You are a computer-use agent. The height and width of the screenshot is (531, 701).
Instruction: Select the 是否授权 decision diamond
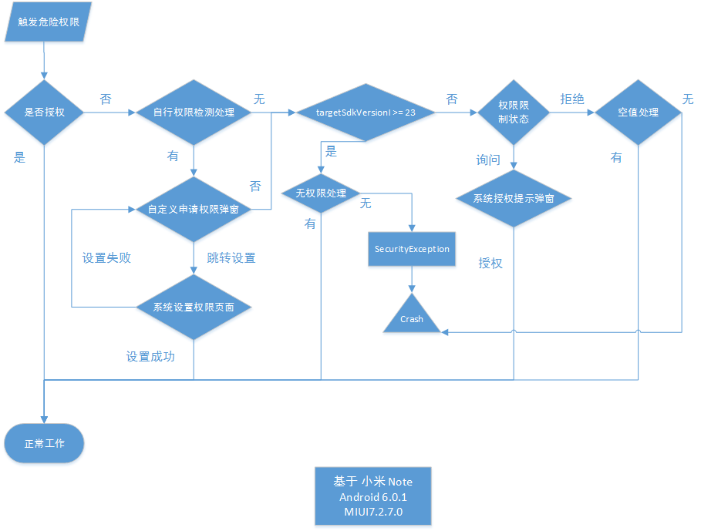pos(44,113)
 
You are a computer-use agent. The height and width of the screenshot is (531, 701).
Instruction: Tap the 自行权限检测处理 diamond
pos(194,113)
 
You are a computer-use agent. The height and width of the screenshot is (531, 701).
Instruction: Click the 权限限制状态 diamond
pos(513,113)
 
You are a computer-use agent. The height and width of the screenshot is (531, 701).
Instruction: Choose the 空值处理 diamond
pos(638,113)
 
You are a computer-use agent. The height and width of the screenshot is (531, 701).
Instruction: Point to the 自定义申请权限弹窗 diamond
pos(194,210)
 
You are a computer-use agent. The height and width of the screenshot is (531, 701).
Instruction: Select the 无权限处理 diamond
pos(321,193)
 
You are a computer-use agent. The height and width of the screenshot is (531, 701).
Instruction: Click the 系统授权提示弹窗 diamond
pos(513,198)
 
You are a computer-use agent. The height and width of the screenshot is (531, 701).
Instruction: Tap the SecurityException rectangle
pos(412,249)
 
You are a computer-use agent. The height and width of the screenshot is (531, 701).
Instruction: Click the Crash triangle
pos(412,317)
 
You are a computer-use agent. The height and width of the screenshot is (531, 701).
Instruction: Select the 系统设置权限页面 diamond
pos(194,307)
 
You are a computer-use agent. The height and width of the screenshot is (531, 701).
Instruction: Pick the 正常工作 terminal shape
pos(44,444)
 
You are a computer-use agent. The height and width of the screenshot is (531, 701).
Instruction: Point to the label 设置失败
pos(106,258)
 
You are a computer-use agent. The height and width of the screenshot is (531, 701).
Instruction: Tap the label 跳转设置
pos(231,258)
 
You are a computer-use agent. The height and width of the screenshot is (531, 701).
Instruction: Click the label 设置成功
pos(150,357)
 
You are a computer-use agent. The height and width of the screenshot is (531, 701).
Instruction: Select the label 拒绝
pos(571,99)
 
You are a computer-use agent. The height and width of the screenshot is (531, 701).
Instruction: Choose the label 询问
pos(487,160)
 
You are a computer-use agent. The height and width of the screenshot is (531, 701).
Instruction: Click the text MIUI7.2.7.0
pos(372,512)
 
